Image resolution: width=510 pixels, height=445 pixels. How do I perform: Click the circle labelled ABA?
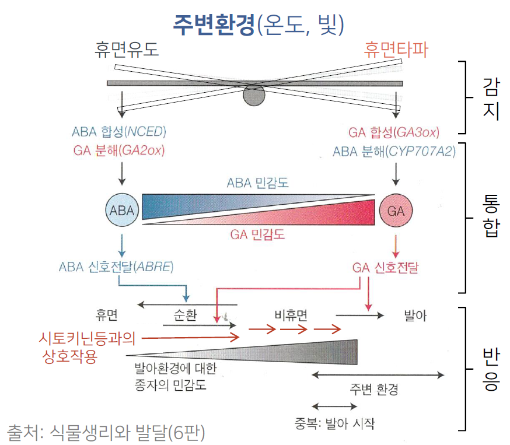pos(122,211)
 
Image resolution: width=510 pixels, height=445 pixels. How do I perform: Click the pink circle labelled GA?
pos(396,211)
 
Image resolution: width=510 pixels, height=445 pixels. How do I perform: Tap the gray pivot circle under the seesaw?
pos(254,94)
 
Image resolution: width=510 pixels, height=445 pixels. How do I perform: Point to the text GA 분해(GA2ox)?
pos(119,150)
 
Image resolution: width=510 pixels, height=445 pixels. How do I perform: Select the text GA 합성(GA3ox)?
pos(393,132)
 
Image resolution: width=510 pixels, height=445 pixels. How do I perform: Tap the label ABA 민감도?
pos(258,183)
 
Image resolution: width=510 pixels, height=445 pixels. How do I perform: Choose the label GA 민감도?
pos(257,235)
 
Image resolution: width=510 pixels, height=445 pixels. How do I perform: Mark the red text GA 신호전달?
pos(386,268)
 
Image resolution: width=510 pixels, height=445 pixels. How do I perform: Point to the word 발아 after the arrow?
pos(415,316)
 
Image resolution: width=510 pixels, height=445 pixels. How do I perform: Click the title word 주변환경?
pos(214,23)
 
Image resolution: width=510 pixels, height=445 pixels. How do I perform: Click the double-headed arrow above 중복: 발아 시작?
pos(334,406)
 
